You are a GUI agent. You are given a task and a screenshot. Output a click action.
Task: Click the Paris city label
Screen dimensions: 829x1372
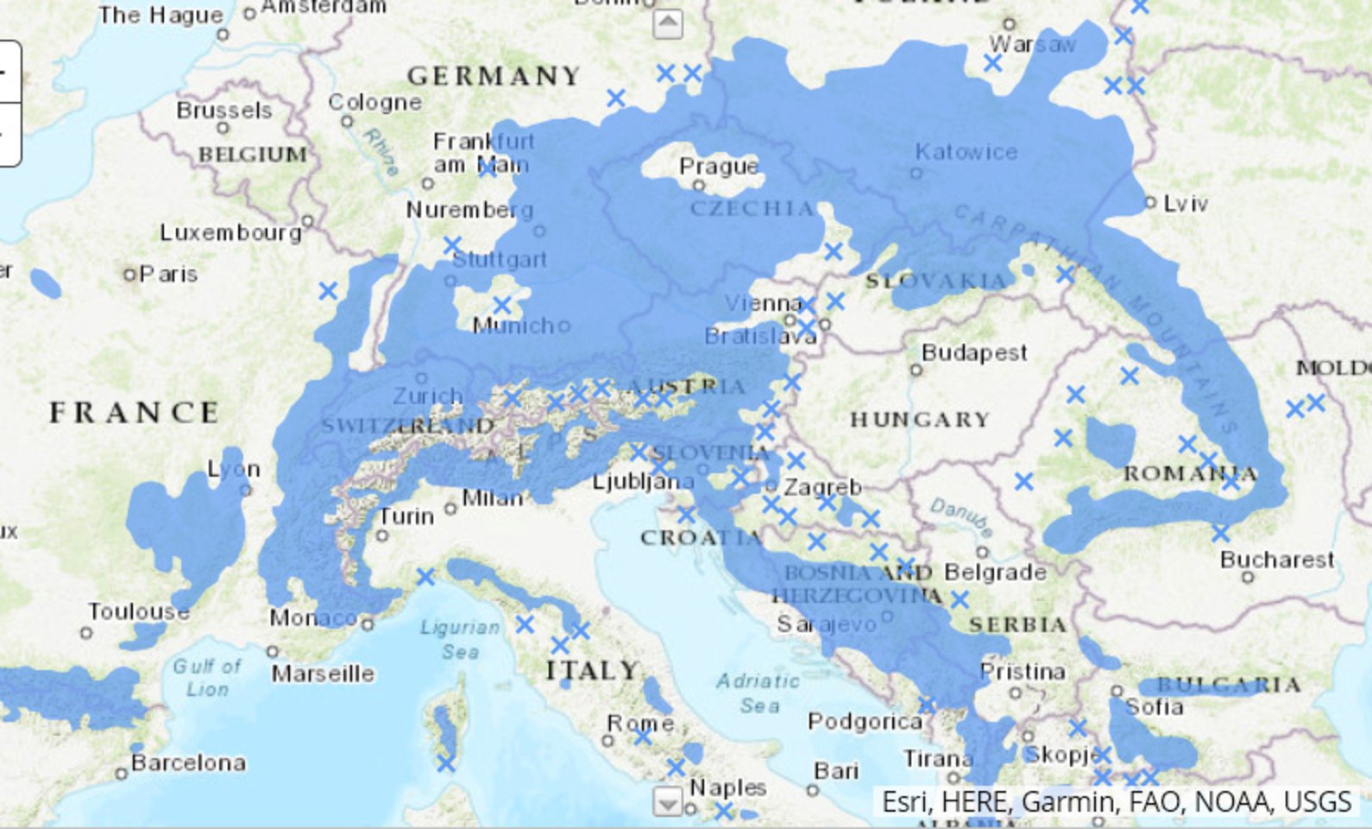(168, 275)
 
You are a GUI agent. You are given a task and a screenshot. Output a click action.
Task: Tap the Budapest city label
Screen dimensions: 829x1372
(974, 352)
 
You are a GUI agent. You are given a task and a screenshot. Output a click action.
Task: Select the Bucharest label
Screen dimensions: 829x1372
(1276, 560)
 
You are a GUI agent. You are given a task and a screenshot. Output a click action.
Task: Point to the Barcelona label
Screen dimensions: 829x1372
(188, 763)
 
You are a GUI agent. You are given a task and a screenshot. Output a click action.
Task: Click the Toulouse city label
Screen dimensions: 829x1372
(138, 611)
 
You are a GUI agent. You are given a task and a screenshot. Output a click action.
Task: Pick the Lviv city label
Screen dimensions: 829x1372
(1185, 204)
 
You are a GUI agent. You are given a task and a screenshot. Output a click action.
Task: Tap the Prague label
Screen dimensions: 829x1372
(719, 166)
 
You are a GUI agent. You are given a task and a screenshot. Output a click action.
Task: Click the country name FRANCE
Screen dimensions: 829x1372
(134, 413)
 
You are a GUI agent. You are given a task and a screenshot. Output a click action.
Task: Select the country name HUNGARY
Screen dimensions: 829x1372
(920, 420)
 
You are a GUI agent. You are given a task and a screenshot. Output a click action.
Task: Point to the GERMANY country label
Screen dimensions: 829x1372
(494, 76)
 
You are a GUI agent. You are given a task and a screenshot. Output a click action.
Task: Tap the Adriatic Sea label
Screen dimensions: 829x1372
(758, 693)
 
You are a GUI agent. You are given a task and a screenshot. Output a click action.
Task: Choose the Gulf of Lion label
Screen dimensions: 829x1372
(207, 677)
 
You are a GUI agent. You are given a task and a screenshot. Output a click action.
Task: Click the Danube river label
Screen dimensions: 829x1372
(961, 516)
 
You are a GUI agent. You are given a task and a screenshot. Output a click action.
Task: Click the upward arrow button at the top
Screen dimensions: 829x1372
(668, 23)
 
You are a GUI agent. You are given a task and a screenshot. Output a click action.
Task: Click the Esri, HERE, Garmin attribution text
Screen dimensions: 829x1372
(1116, 801)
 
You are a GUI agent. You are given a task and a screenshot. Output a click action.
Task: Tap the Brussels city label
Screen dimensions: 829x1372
(223, 111)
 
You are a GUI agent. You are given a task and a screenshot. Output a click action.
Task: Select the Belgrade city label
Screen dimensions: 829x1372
(995, 572)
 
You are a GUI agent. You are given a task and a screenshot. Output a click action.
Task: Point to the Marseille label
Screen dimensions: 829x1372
(323, 673)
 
